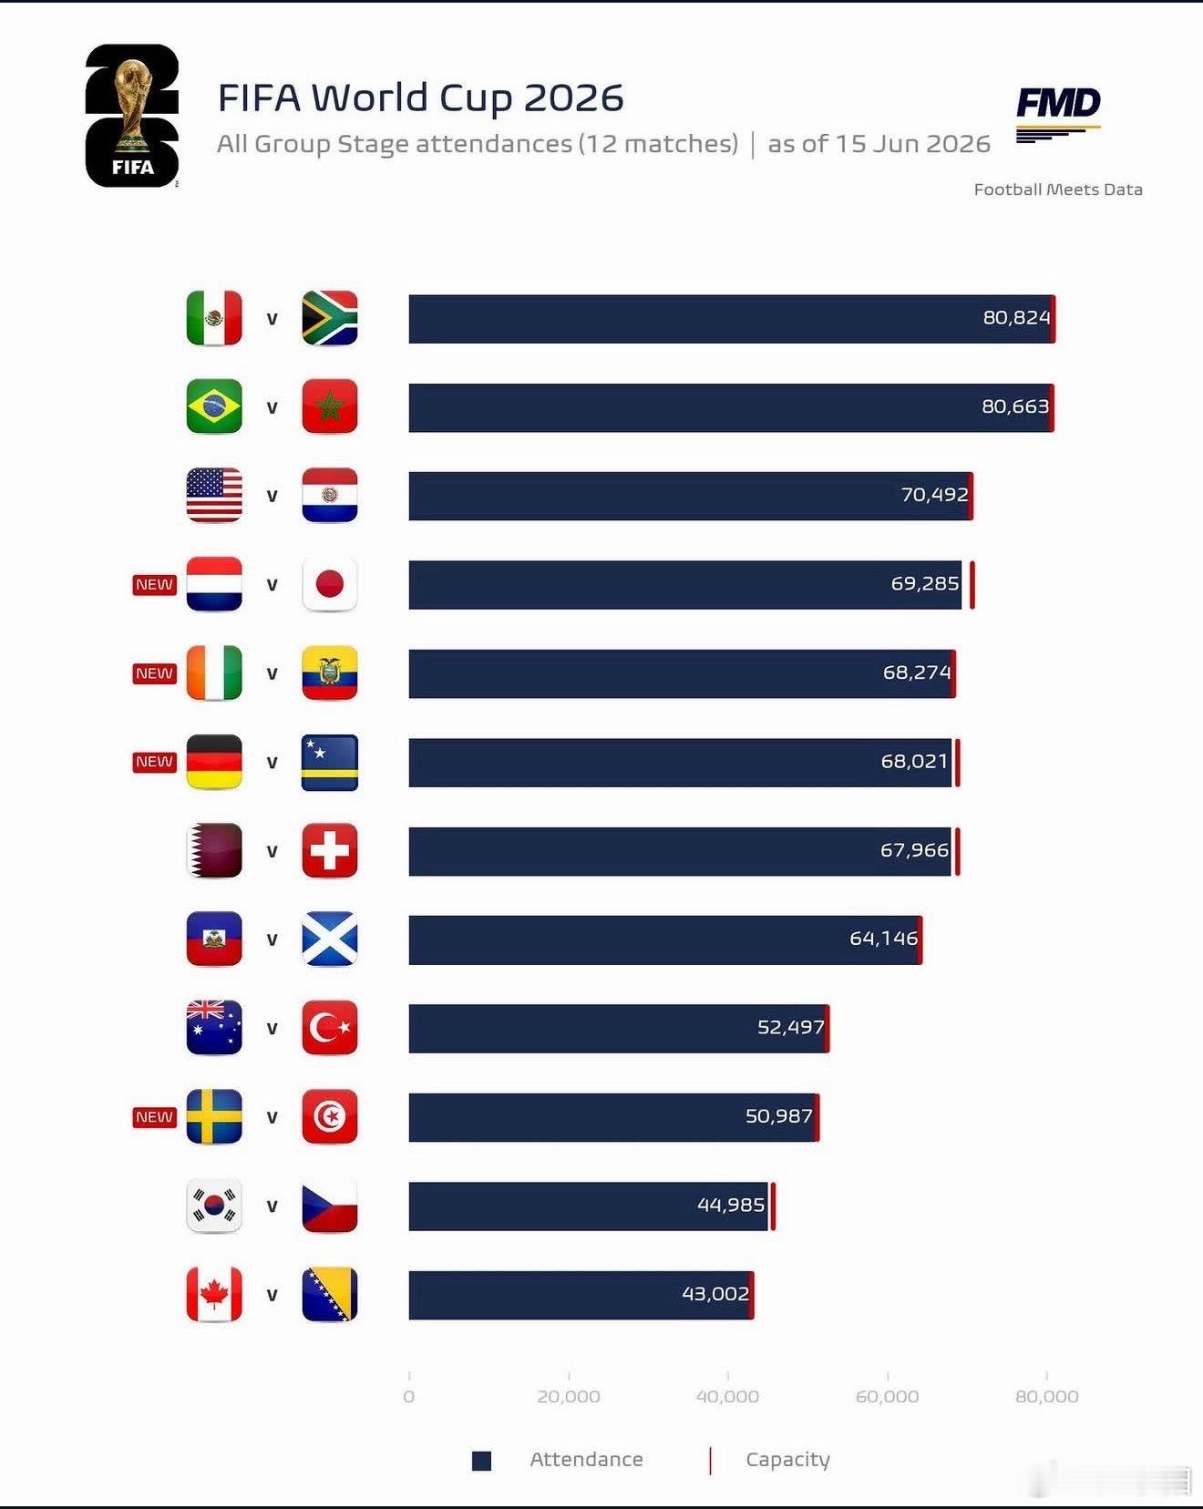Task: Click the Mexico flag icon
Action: point(214,318)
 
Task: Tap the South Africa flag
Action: point(329,318)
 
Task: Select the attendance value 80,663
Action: point(1015,406)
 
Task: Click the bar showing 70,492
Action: point(690,496)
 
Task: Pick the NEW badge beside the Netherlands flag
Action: point(154,584)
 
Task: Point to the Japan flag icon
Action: point(329,584)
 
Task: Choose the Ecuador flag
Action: point(329,673)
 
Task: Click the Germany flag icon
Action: point(214,762)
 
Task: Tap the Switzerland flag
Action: point(329,850)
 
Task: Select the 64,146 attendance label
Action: point(883,939)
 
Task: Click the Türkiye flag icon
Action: point(329,1028)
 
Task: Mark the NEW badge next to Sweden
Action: point(154,1116)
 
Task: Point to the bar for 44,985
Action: point(589,1206)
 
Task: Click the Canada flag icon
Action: point(214,1294)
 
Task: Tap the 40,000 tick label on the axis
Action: point(727,1396)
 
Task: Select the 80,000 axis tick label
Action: point(1046,1396)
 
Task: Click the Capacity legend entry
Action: point(769,1460)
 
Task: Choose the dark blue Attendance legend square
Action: point(481,1461)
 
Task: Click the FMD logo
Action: point(1058,115)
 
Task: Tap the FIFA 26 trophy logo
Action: point(132,116)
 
